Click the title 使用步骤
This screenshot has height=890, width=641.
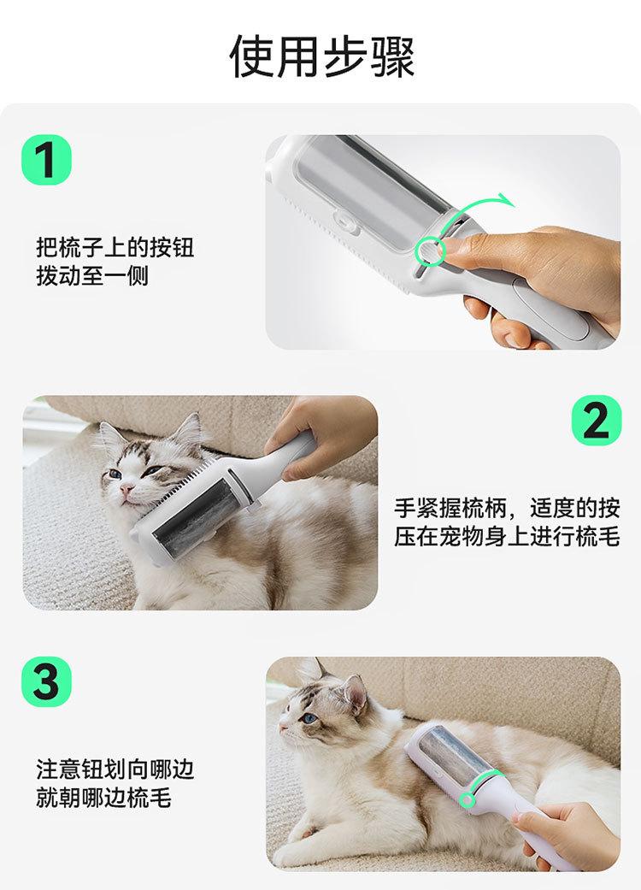[322, 56]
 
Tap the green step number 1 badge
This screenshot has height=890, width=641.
[46, 160]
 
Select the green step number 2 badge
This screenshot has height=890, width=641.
[596, 420]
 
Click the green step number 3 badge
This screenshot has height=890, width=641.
[46, 681]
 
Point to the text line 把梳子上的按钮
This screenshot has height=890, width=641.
[115, 247]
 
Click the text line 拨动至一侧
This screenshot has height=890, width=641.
[92, 276]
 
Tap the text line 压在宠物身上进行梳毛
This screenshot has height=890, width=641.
[507, 536]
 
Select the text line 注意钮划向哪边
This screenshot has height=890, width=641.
[115, 769]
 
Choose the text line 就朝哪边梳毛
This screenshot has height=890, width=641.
[103, 798]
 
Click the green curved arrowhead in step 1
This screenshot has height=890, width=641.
[505, 200]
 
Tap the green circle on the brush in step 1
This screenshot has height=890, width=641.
[430, 250]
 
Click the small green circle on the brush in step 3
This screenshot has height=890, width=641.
[467, 799]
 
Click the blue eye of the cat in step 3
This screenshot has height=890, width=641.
[309, 719]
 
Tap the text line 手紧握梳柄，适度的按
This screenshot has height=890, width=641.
[507, 508]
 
